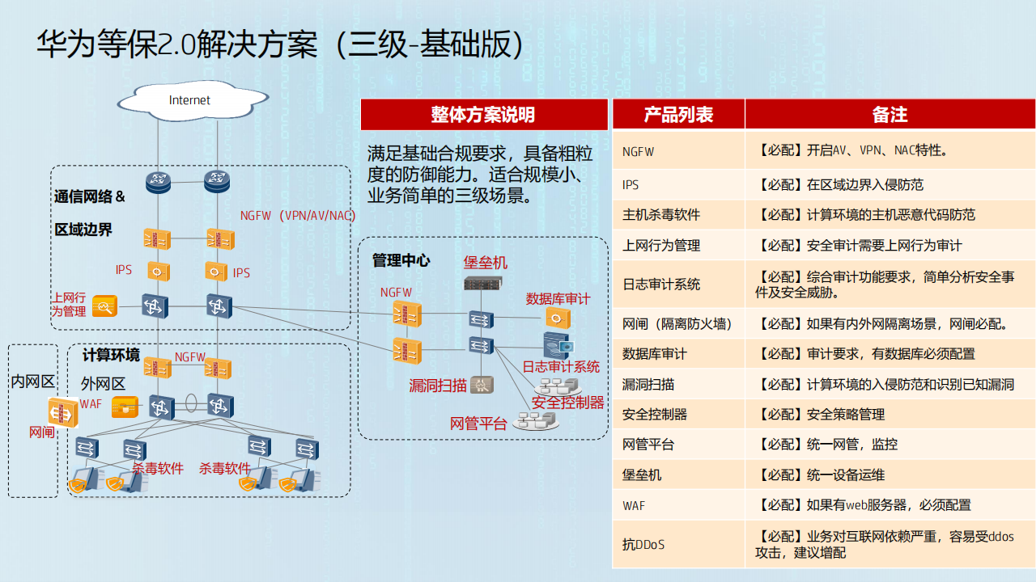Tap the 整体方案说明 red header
(484, 115)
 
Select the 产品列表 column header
(678, 114)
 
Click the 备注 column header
(890, 114)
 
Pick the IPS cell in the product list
(678, 185)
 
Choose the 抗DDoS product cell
(678, 545)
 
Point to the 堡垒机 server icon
(483, 283)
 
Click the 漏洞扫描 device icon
(482, 384)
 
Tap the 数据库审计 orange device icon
(558, 318)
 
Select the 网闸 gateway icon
(63, 412)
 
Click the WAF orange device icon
(125, 407)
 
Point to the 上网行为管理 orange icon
(104, 306)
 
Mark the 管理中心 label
(401, 260)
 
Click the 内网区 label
(33, 382)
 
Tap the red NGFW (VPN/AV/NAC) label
(298, 216)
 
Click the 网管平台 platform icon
(536, 421)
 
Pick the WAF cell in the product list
(678, 505)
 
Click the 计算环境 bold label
(111, 355)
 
